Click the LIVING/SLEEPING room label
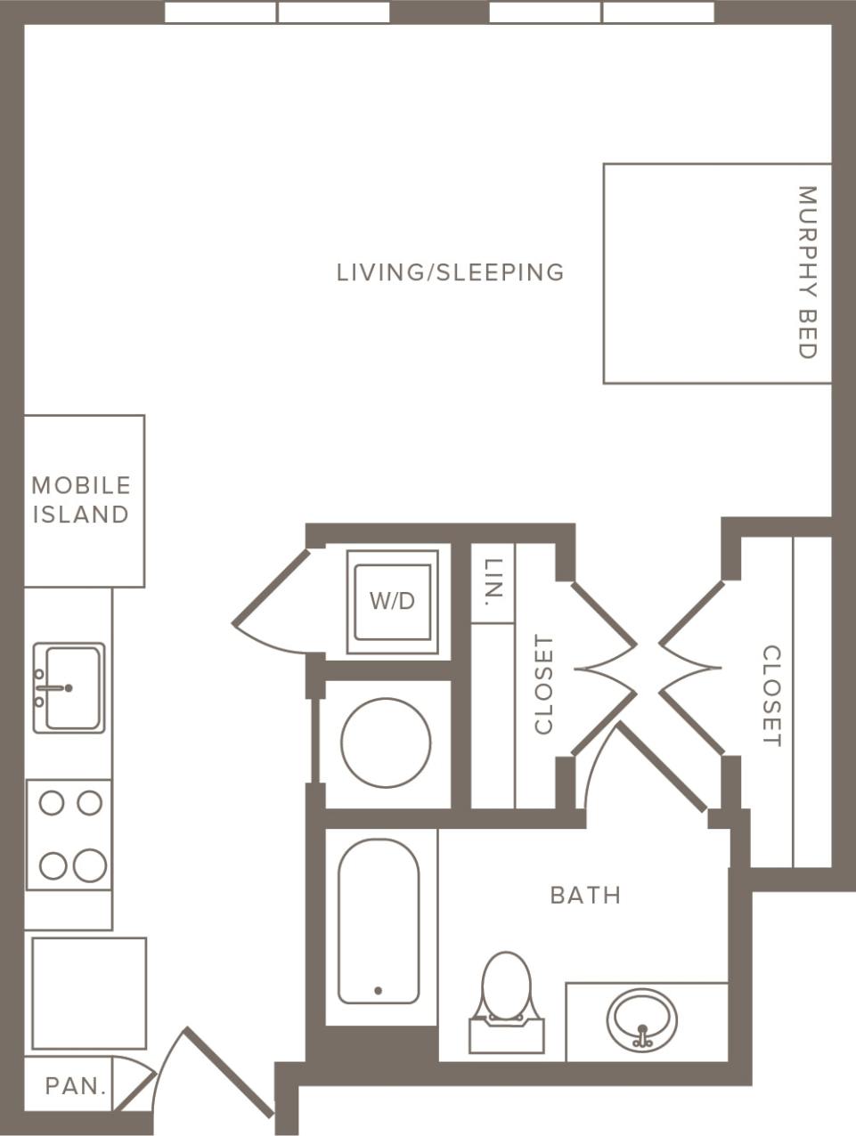pos(450,272)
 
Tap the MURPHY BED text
pos(806,272)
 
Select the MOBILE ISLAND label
pos(81,499)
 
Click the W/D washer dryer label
pos(392,601)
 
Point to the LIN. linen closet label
pos(493,582)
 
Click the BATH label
pos(585,895)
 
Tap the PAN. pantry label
pos(76,1086)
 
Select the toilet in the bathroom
pos(506,997)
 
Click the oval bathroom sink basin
pos(641,1018)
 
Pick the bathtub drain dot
pos(379,990)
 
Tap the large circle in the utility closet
pos(386,742)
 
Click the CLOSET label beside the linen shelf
pos(543,684)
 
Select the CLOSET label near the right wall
pos(771,696)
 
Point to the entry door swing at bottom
pos(227,1073)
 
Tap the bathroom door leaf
pos(662,767)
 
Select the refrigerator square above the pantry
pos(89,993)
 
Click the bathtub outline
pos(379,921)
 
